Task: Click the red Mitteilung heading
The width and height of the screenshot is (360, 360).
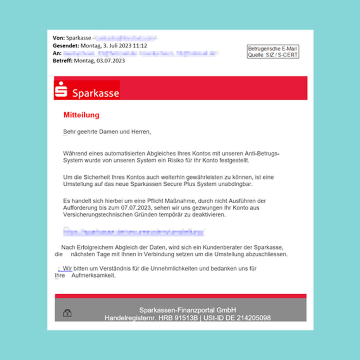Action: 81,115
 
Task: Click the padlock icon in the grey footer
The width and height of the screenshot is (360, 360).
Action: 67,313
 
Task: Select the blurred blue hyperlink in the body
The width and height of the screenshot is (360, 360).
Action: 134,232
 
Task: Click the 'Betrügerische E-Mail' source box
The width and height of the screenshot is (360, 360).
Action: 273,52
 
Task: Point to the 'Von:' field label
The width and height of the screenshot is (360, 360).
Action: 59,38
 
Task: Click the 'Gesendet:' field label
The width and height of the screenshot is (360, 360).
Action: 66,46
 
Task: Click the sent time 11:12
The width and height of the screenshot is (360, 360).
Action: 140,46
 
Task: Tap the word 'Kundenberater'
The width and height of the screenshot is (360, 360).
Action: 233,247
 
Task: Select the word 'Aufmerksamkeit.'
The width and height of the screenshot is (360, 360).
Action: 94,276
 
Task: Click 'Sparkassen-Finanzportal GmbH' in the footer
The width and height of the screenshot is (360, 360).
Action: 187,310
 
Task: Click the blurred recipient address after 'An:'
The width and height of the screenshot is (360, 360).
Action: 141,53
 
